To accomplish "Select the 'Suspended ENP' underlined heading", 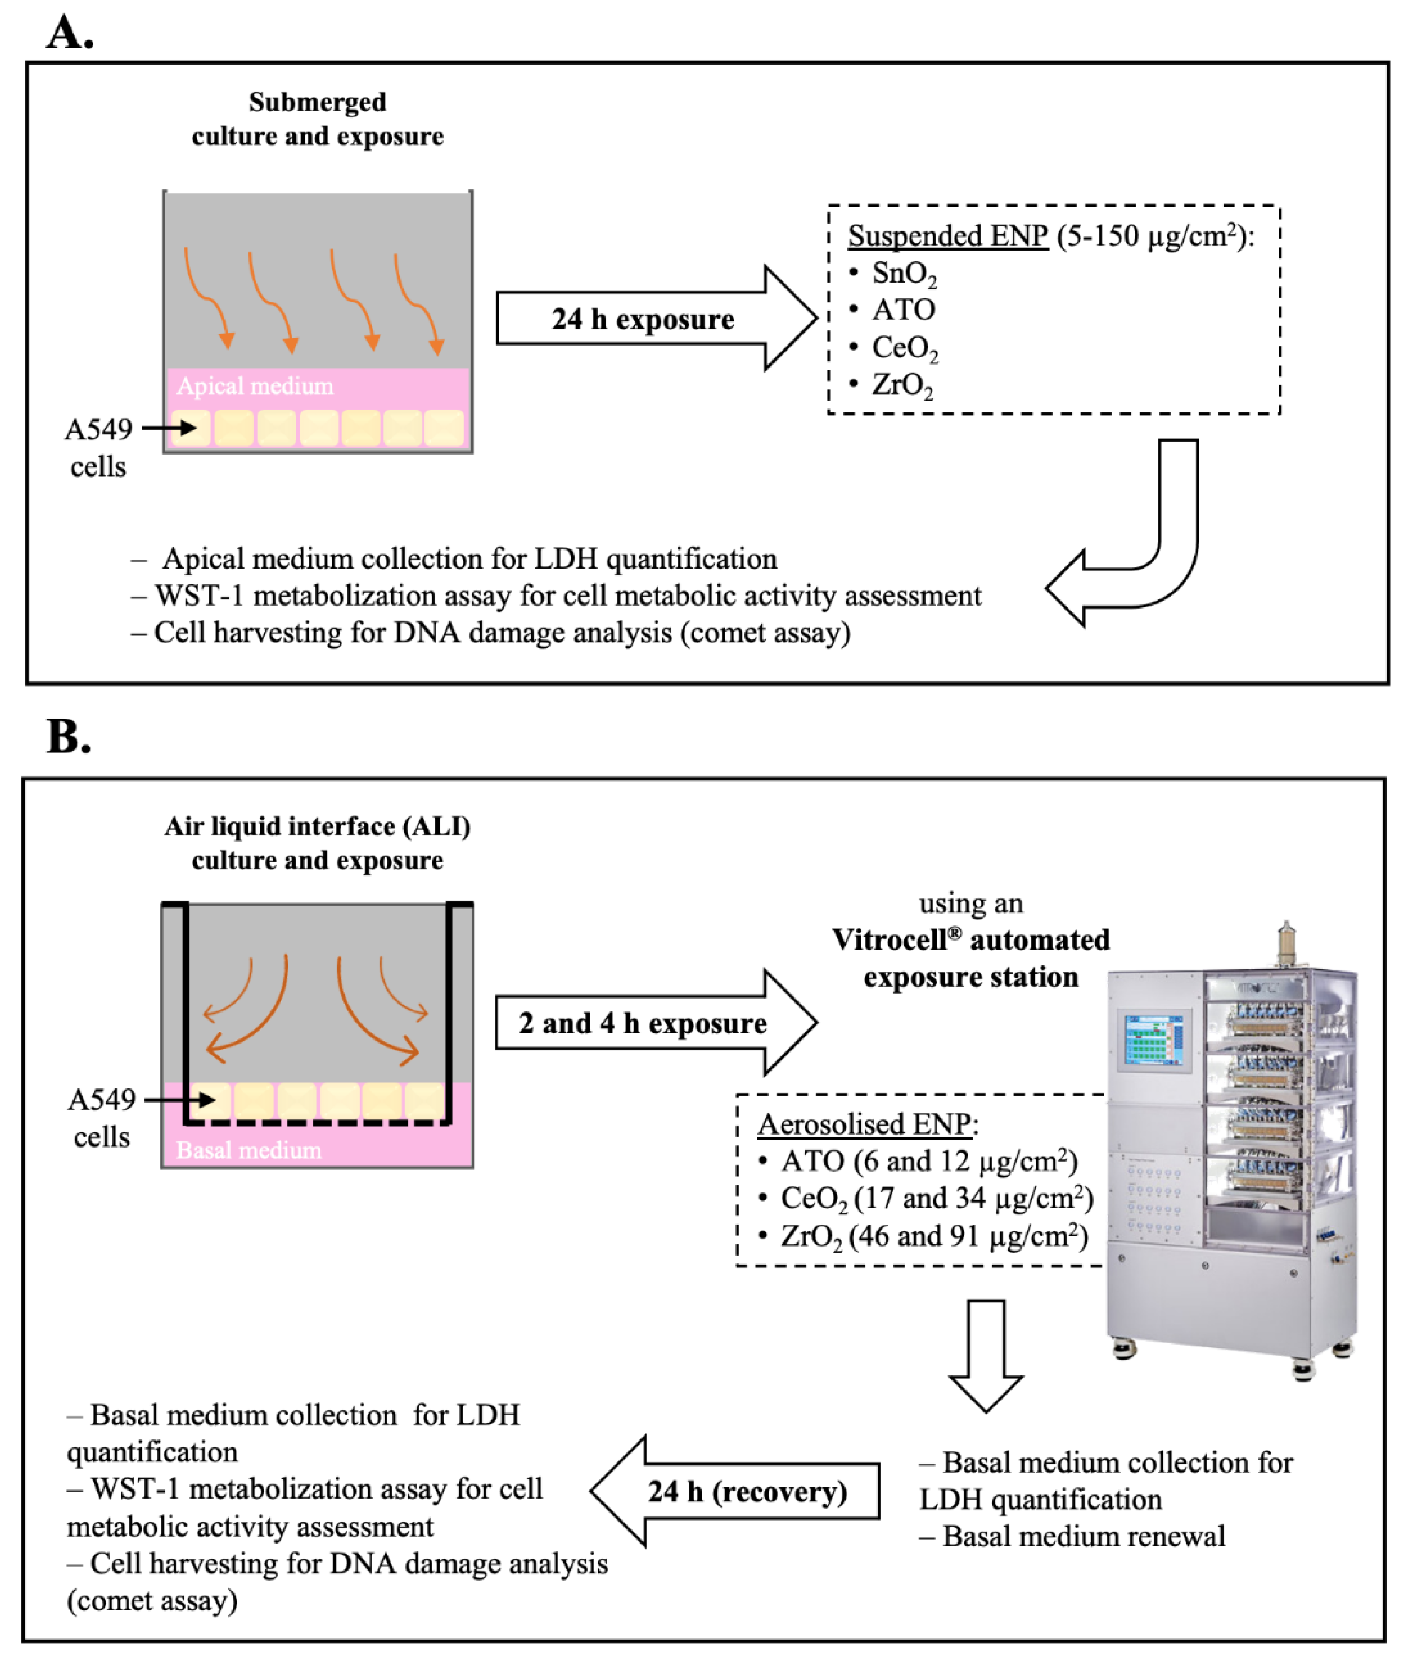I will click(948, 236).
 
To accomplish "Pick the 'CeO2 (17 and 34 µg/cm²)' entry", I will click(936, 1198).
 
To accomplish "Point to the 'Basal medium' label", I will click(249, 1150).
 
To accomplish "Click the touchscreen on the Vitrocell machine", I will click(1152, 1040).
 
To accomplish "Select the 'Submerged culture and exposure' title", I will click(318, 118).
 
